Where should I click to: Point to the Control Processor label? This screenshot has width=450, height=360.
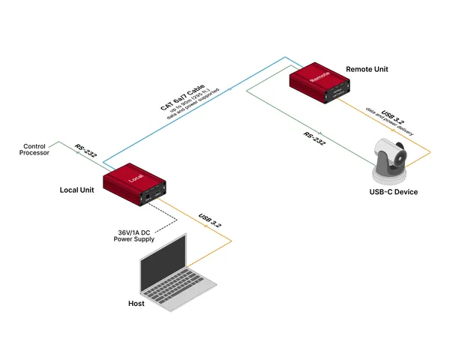(x=35, y=149)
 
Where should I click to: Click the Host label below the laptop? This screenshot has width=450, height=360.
(x=136, y=304)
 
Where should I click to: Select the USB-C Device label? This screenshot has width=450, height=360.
(x=394, y=193)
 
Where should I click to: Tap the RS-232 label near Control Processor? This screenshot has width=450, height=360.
(x=85, y=151)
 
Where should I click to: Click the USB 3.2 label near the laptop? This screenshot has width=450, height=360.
(x=211, y=222)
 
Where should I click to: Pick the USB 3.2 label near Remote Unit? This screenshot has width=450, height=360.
(x=395, y=114)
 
